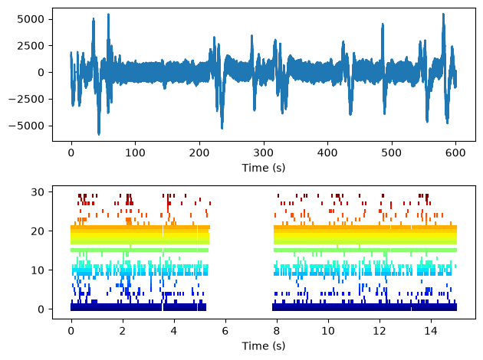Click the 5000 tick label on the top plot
pyautogui.click(x=31, y=19)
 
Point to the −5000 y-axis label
pyautogui.click(x=27, y=126)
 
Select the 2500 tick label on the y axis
pyautogui.click(x=31, y=46)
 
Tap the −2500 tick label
pyautogui.click(x=27, y=99)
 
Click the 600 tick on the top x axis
pyautogui.click(x=455, y=152)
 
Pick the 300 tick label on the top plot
pyautogui.click(x=264, y=152)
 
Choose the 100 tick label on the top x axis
pyautogui.click(x=135, y=152)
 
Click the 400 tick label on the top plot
pyautogui.click(x=327, y=152)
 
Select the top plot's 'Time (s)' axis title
pyautogui.click(x=264, y=168)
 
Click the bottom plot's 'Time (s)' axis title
pyautogui.click(x=264, y=346)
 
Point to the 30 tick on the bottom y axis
pyautogui.click(x=38, y=192)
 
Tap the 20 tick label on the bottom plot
pyautogui.click(x=38, y=231)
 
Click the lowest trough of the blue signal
pyautogui.click(x=99, y=134)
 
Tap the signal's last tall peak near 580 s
pyautogui.click(x=444, y=14)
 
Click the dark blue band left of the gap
pyautogui.click(x=138, y=307)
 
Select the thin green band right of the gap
pyautogui.click(x=366, y=250)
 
